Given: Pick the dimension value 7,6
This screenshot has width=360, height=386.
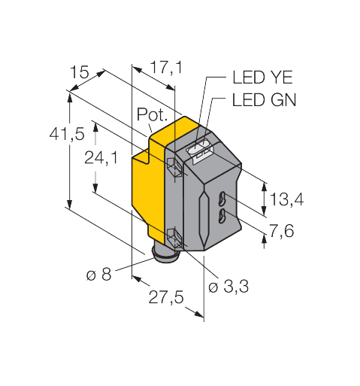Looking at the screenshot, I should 281,231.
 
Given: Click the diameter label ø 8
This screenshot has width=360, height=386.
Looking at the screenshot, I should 98,275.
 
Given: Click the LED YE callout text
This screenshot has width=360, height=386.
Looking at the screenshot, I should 258,77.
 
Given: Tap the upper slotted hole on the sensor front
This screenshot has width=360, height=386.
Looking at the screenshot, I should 222,200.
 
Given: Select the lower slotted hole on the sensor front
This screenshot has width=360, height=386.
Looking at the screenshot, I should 222,218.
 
